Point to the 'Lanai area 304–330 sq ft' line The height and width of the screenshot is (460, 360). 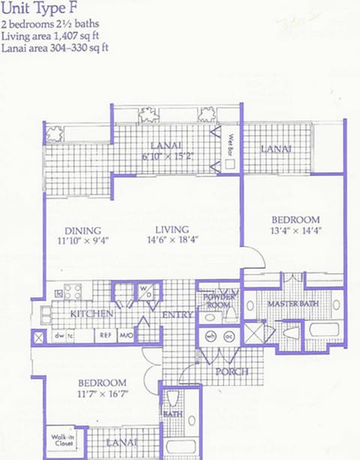[55, 47]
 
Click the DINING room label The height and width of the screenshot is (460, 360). [83, 230]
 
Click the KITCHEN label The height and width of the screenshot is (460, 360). [91, 313]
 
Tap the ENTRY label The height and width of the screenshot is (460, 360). [177, 315]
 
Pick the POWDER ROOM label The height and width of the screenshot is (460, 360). [219, 300]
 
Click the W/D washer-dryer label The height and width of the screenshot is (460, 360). [145, 291]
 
